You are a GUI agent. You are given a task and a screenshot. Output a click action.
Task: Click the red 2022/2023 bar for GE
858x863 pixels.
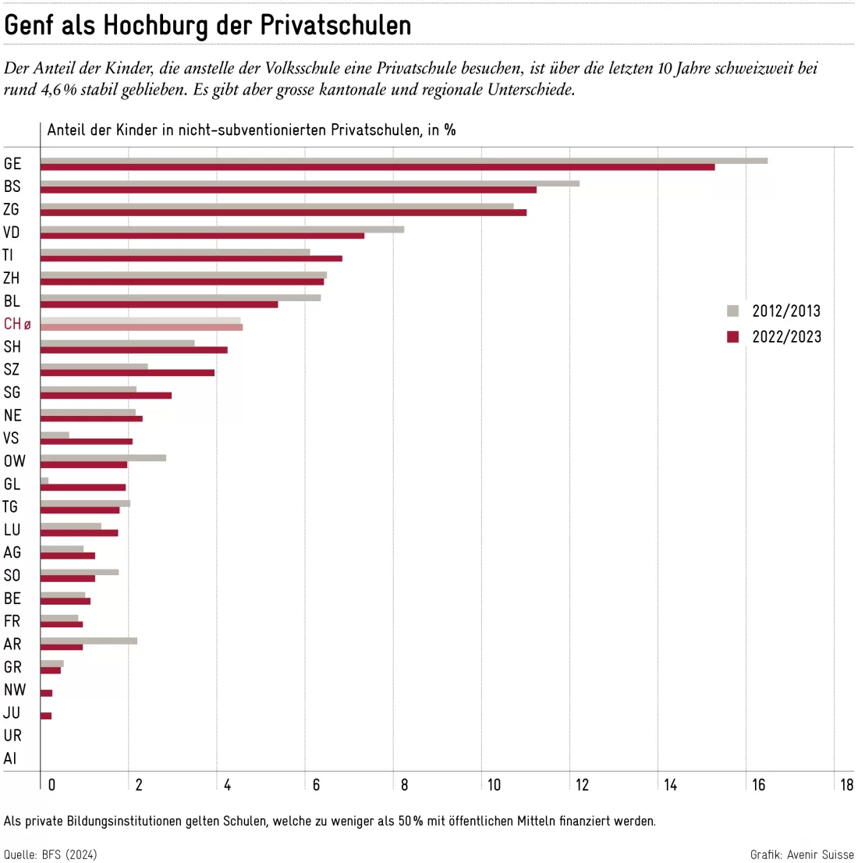378,167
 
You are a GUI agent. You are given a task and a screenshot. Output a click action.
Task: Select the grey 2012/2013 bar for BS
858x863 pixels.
310,183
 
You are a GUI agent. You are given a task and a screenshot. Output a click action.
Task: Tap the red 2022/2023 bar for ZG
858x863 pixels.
283,213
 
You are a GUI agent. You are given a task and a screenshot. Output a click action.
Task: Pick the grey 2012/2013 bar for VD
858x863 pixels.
222,229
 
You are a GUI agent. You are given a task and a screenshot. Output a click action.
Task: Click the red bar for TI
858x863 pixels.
192,259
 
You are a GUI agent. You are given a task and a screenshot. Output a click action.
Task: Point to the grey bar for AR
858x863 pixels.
89,641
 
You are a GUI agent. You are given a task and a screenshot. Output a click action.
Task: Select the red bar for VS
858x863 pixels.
87,442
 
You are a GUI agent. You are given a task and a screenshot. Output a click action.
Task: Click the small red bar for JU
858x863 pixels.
46,716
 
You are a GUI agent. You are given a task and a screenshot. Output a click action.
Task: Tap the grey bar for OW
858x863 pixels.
104,458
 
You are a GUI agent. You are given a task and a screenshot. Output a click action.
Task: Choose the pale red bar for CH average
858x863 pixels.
141,328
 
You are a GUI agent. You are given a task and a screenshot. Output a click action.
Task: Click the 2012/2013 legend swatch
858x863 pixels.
732,311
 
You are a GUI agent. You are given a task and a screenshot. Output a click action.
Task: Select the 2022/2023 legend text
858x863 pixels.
786,337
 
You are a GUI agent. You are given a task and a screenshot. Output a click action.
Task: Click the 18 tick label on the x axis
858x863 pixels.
846,785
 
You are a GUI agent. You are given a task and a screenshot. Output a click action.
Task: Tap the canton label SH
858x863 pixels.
12,346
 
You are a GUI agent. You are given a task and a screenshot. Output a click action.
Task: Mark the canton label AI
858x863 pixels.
10,758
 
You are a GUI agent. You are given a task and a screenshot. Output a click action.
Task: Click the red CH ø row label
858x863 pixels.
17,324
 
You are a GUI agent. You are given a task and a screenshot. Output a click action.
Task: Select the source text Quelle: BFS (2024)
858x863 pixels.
50,854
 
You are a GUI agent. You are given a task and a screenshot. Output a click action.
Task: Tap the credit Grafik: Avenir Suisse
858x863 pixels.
802,854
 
